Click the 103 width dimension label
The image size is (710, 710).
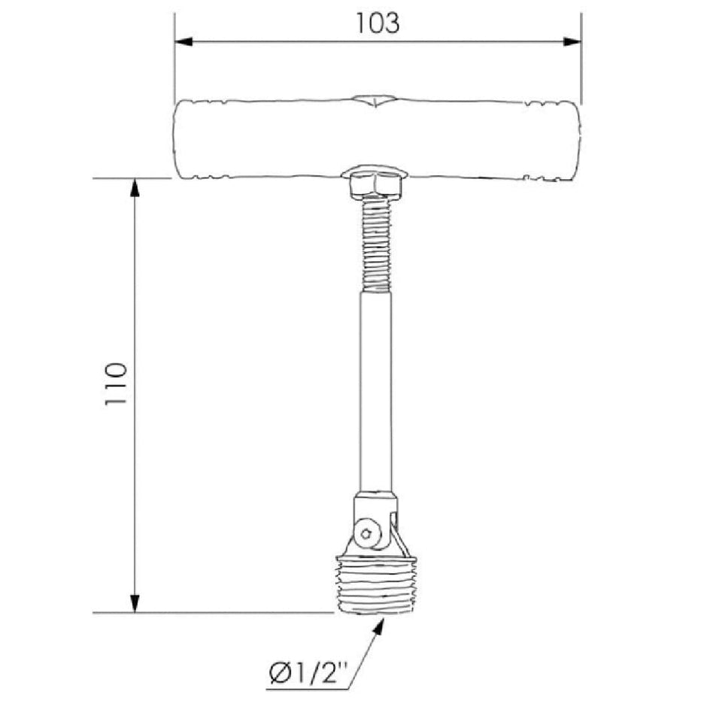coord(378,23)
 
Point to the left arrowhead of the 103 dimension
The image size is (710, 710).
coord(184,41)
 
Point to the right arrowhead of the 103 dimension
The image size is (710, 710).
coord(572,41)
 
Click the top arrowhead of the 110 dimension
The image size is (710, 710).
coord(135,188)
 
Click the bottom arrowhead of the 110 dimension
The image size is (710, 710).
coord(135,603)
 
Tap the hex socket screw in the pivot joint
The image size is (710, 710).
coord(366,533)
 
